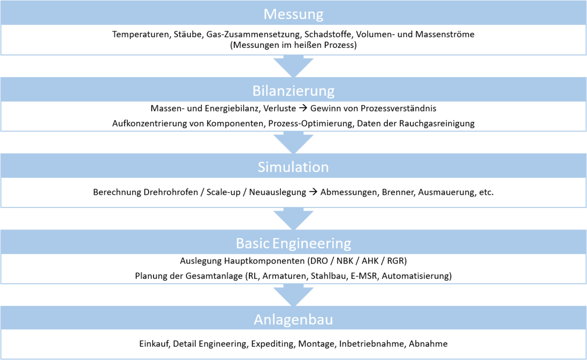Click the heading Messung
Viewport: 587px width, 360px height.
[293, 14]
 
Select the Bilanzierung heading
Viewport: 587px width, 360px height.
[293, 90]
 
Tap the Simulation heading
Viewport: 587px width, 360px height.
[293, 167]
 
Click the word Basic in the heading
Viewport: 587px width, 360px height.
[252, 243]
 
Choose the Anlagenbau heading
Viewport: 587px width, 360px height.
[293, 320]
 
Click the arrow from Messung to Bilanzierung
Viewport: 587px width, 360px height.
[293, 66]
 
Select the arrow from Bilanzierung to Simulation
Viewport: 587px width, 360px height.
[293, 142]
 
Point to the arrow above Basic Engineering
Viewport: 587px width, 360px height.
[293, 219]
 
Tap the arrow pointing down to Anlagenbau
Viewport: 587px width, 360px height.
[293, 295]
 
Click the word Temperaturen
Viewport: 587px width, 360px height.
[141, 34]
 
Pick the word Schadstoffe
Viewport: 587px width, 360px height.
[328, 34]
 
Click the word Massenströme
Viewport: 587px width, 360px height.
[445, 34]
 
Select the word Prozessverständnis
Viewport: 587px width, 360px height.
[398, 108]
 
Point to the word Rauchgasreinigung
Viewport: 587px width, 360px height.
[437, 123]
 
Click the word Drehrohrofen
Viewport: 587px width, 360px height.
[171, 192]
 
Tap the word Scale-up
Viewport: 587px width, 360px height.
[223, 192]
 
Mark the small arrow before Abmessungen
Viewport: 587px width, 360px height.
[313, 192]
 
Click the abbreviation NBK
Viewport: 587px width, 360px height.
[344, 261]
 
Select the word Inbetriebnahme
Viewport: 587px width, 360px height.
[372, 343]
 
